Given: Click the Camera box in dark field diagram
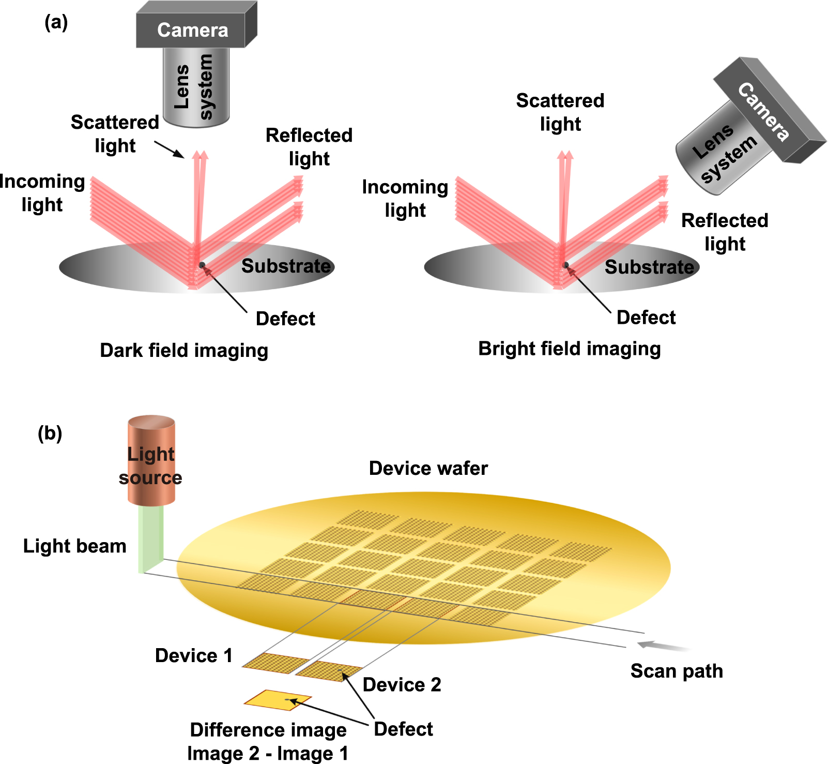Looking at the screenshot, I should tap(192, 29).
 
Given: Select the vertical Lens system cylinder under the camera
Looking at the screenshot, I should tap(196, 87).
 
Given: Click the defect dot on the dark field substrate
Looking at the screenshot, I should tap(202, 265).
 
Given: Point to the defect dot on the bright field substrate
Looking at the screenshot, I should tap(566, 265).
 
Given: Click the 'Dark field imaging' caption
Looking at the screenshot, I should tap(184, 350).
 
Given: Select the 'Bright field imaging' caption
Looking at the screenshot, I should tap(569, 349).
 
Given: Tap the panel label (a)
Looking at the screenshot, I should tap(56, 22).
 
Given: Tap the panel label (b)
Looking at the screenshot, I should tap(50, 433).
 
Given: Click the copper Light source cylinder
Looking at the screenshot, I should tap(151, 460).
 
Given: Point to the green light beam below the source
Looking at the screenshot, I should tap(151, 538).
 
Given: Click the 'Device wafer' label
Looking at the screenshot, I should tap(428, 468).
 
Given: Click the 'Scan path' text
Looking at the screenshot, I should tap(676, 671).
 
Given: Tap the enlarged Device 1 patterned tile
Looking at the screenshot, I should tap(274, 663).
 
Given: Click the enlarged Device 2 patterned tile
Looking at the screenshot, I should tap(329, 671).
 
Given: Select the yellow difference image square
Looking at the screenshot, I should tap(278, 699).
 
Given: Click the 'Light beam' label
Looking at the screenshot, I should tap(75, 546).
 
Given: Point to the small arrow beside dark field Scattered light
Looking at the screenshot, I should tap(169, 149).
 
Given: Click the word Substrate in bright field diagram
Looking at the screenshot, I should tap(649, 267).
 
